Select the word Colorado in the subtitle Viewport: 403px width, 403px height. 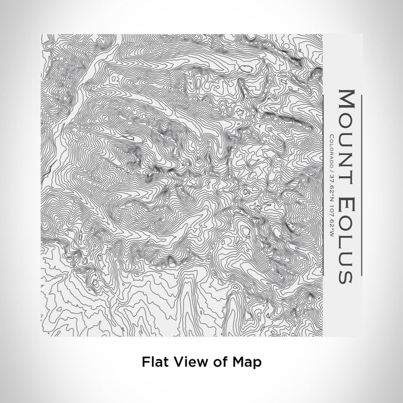coord(330,147)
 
